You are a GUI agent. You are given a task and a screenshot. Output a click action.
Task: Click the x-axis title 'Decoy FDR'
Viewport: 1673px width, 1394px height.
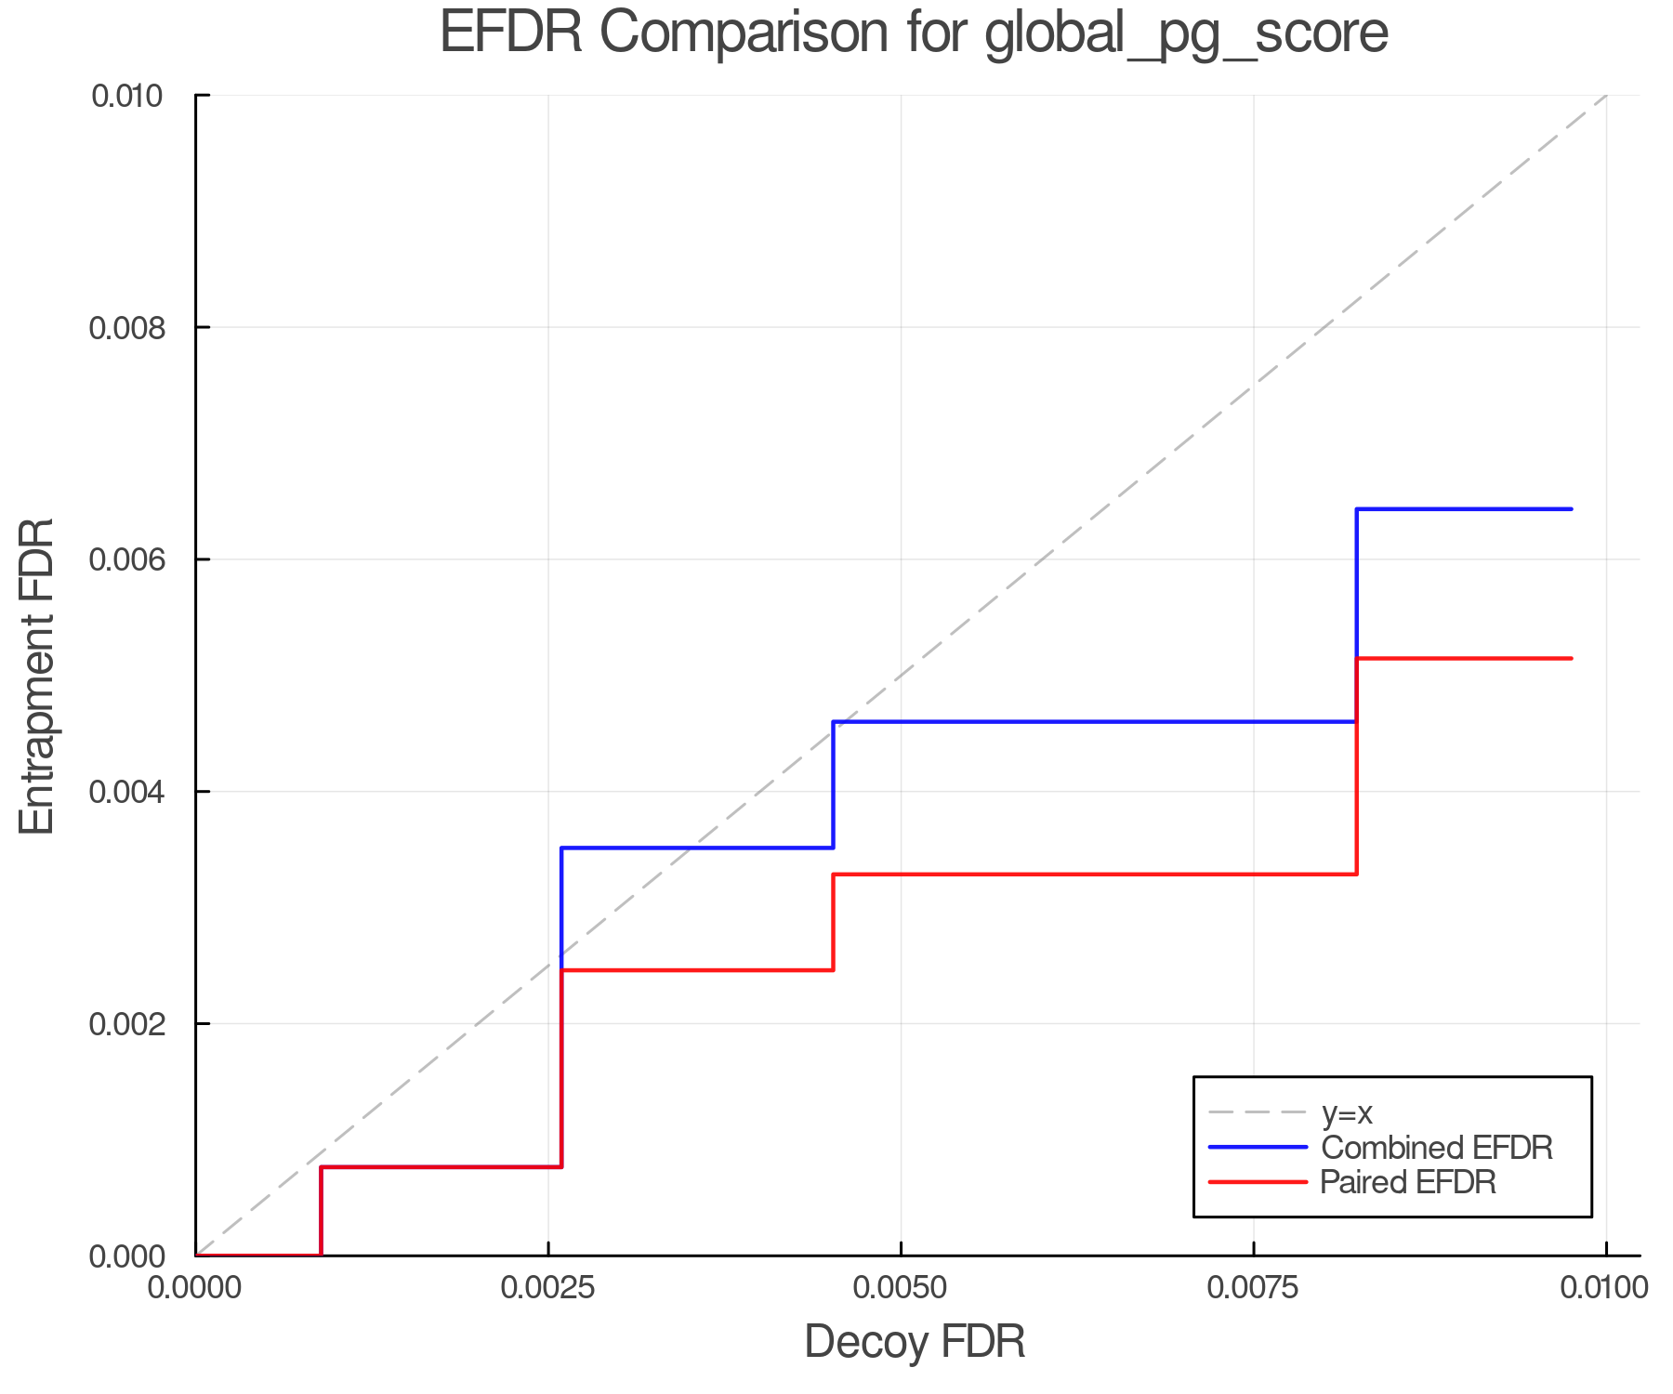(915, 1342)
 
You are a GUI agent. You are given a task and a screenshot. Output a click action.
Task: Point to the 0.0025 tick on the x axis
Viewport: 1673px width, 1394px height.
(548, 1287)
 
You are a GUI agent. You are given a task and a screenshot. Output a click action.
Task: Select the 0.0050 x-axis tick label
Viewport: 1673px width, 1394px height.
(901, 1287)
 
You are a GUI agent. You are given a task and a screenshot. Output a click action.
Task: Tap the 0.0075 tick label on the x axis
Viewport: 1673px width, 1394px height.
(1254, 1287)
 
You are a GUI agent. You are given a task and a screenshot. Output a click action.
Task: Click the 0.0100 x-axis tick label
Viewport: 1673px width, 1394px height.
(1605, 1287)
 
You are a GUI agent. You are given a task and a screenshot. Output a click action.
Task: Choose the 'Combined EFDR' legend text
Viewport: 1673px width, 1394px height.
(1437, 1148)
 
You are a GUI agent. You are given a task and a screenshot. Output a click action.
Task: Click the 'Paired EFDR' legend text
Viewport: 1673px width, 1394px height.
(1408, 1182)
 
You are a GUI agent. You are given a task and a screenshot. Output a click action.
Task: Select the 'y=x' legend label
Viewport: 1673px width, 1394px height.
(1347, 1112)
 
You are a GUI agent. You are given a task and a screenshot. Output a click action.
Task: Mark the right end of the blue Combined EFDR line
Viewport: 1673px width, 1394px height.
(1571, 509)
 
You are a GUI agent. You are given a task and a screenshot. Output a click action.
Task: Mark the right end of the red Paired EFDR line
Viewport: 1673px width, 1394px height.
(1571, 658)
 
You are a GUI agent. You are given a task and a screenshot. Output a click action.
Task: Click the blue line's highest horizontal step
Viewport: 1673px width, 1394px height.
(1464, 509)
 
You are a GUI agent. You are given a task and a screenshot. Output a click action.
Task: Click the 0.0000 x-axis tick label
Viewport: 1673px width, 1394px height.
(195, 1287)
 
